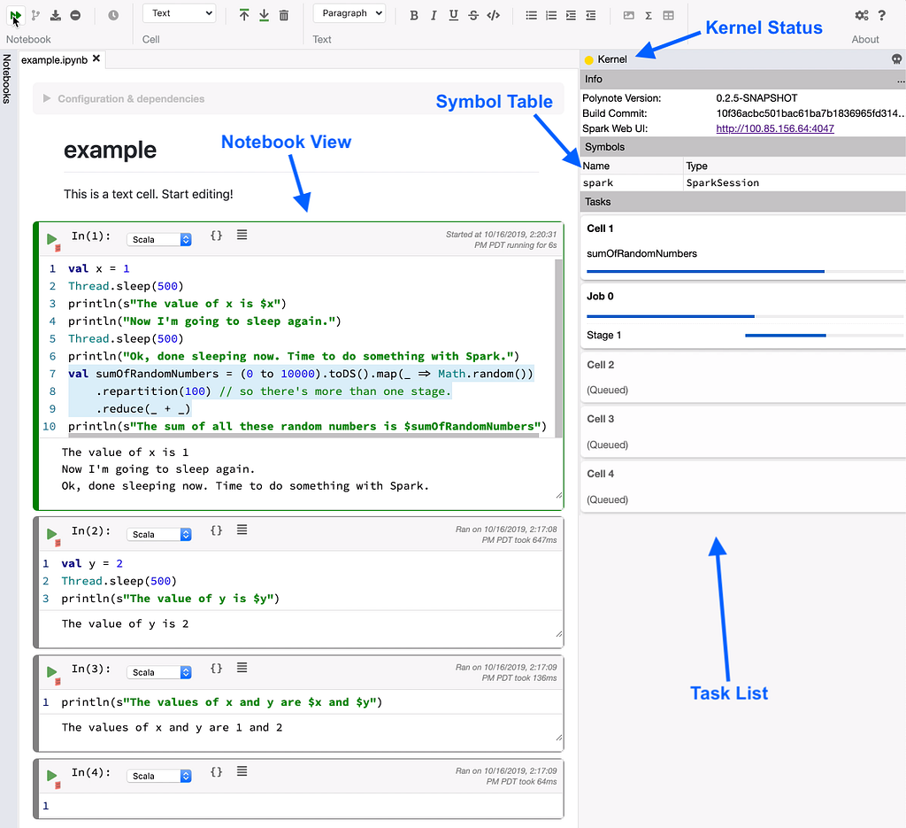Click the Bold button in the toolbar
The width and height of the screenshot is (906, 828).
[414, 16]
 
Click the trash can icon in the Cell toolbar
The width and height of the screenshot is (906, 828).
[284, 15]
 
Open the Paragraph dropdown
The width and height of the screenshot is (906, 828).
[349, 13]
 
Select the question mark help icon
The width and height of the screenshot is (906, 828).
[882, 15]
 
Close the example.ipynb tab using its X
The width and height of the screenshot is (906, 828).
[96, 58]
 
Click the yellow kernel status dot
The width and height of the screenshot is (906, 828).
[588, 59]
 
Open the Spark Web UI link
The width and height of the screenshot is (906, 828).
[775, 128]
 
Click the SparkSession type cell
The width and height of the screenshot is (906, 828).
[722, 182]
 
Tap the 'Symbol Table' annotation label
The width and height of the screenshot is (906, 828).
[494, 101]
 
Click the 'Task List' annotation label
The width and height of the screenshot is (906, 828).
[729, 693]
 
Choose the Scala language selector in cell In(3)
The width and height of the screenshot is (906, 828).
[159, 672]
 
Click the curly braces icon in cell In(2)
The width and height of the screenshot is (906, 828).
[216, 530]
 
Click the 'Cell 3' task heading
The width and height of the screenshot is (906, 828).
[601, 419]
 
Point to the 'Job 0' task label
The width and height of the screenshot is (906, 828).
[600, 296]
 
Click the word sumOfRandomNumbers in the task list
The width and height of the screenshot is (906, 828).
[641, 253]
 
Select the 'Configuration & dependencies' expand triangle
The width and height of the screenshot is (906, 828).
[47, 98]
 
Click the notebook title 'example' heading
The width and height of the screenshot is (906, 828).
[110, 150]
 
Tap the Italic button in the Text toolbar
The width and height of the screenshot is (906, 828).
[434, 16]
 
